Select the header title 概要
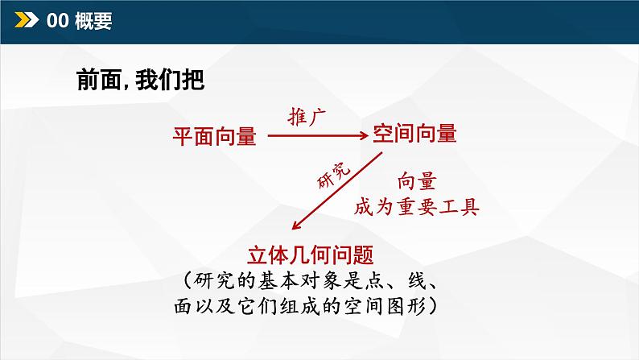click(93, 22)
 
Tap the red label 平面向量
click(215, 138)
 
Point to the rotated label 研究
click(332, 174)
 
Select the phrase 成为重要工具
click(417, 207)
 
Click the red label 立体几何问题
click(314, 255)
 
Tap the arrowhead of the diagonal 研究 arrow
click(297, 229)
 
